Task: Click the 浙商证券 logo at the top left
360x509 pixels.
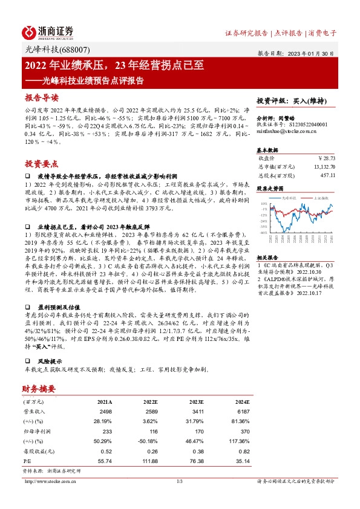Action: [x=48, y=32]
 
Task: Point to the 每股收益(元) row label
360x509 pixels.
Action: [x=36, y=451]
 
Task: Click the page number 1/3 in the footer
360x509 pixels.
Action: [x=180, y=481]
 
